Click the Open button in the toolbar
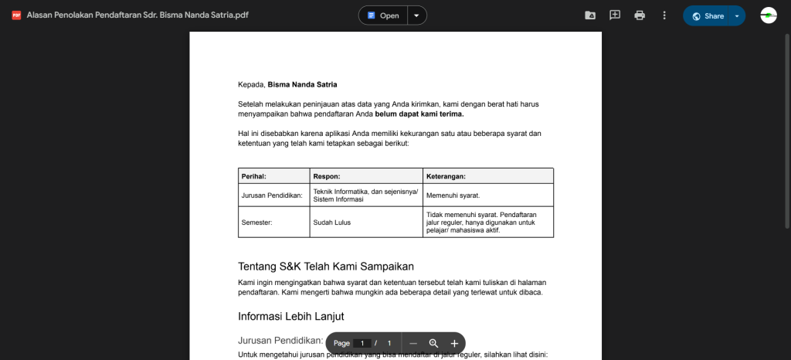[x=383, y=15]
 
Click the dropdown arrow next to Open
[x=416, y=15]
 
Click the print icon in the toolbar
[x=640, y=15]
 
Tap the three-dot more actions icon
[x=664, y=15]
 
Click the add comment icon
[x=615, y=15]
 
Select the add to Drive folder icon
[x=590, y=15]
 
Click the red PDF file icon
[x=16, y=15]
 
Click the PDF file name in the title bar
[x=137, y=15]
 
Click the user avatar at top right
[x=768, y=15]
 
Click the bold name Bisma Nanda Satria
[x=302, y=84]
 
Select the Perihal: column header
[x=254, y=176]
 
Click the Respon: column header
[x=326, y=176]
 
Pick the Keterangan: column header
[x=446, y=176]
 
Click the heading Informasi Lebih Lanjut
[x=290, y=316]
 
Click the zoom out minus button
[x=413, y=343]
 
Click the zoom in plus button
[x=454, y=343]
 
